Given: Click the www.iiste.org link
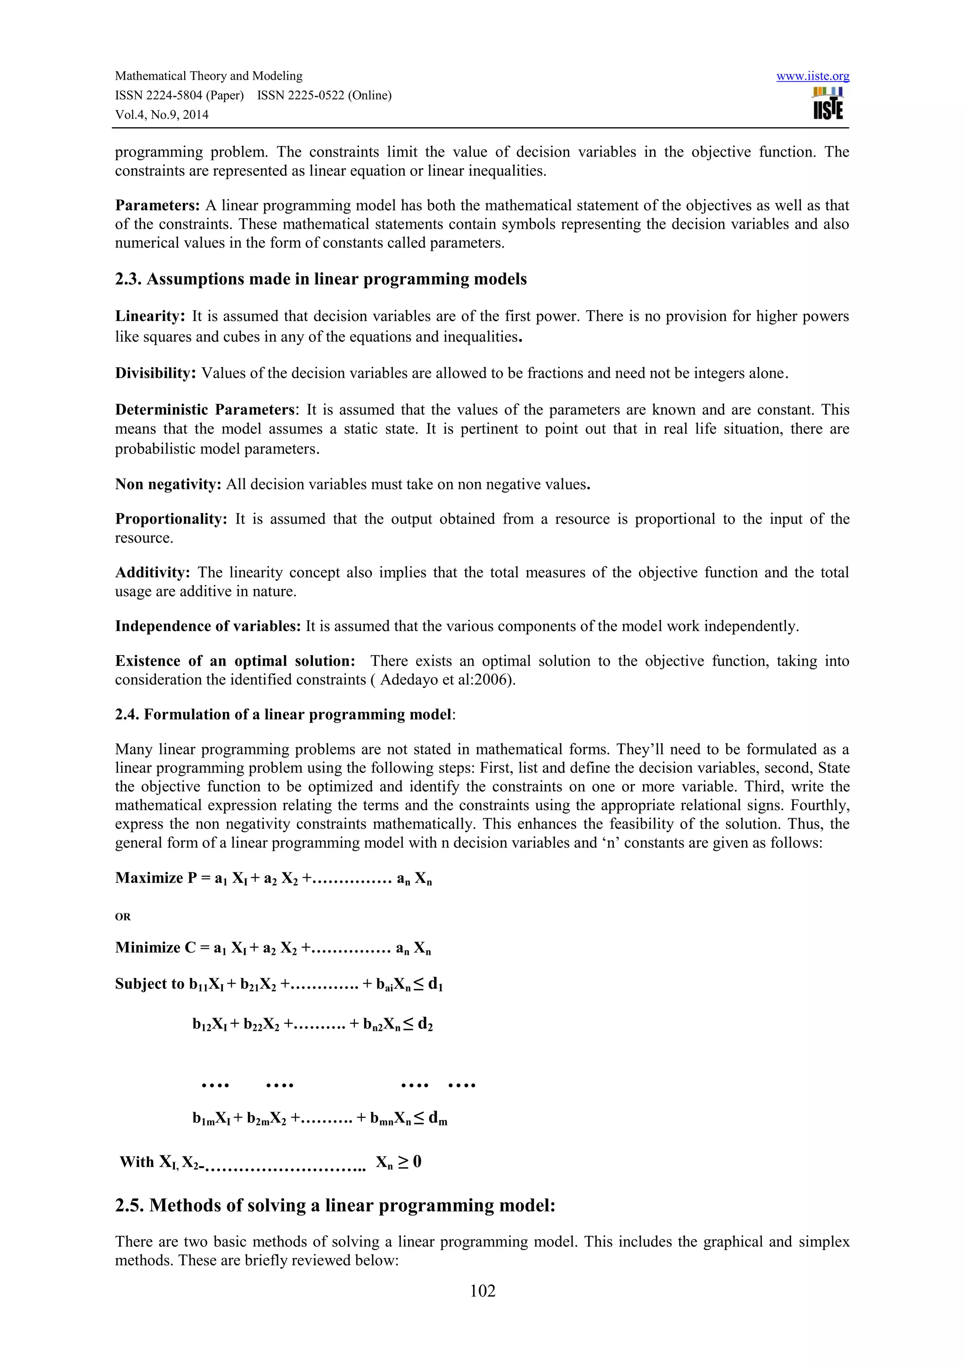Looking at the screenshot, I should (x=812, y=76).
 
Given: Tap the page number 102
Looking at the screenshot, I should (x=482, y=1290).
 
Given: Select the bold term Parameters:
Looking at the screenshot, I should (x=157, y=206).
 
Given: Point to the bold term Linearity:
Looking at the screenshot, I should (x=150, y=316).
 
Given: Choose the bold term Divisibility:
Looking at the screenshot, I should (x=155, y=373).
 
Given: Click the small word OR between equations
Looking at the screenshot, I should (x=123, y=917).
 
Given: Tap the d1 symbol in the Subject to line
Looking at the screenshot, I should (x=435, y=985).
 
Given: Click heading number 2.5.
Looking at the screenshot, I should (x=129, y=1206).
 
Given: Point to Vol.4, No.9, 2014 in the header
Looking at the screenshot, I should (x=162, y=115).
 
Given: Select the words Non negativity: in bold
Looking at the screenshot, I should (x=168, y=485).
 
